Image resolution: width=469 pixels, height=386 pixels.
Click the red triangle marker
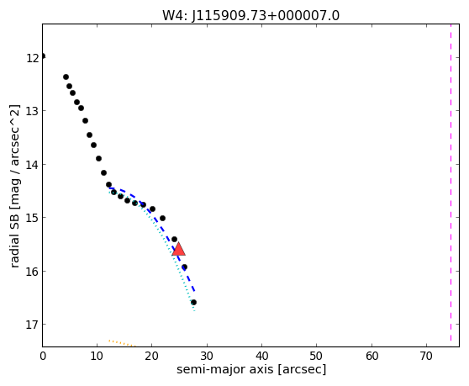tap(178, 249)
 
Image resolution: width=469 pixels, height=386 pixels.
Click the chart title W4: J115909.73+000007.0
tap(250, 15)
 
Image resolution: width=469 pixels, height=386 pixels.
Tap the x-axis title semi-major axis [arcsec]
tap(251, 369)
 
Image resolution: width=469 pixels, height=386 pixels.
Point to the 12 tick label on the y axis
tap(32, 58)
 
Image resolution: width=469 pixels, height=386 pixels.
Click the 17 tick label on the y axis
tap(32, 325)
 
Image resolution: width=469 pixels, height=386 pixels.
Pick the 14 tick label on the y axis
tap(32, 165)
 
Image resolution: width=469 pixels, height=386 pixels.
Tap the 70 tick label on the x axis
tap(426, 356)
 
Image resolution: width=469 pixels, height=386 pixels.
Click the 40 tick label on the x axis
tap(261, 356)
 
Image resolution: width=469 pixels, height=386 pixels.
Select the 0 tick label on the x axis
tap(43, 356)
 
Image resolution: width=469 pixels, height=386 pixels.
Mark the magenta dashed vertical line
tap(451, 182)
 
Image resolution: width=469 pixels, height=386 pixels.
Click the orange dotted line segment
tap(122, 343)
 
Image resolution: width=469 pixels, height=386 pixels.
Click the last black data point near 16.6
tap(193, 302)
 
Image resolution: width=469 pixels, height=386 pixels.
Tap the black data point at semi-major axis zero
tap(43, 56)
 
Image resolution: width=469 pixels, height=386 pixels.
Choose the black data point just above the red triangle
tap(174, 239)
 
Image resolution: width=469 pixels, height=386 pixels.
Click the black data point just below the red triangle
tap(184, 267)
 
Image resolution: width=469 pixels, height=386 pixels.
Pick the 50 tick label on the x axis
tap(316, 356)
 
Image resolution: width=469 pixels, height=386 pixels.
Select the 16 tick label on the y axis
tap(32, 272)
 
